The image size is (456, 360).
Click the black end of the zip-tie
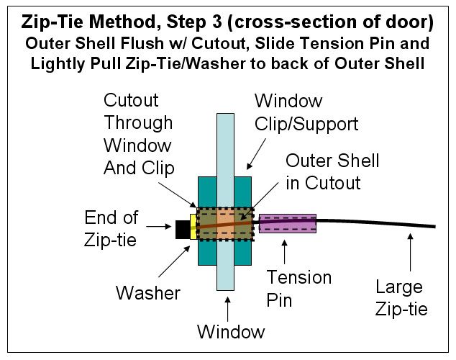[182, 229]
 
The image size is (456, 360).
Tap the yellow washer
[193, 228]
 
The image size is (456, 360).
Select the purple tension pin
[287, 222]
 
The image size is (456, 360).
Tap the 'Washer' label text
[147, 292]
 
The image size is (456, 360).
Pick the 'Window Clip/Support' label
[306, 112]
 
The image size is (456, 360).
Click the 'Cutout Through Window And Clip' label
[138, 134]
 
